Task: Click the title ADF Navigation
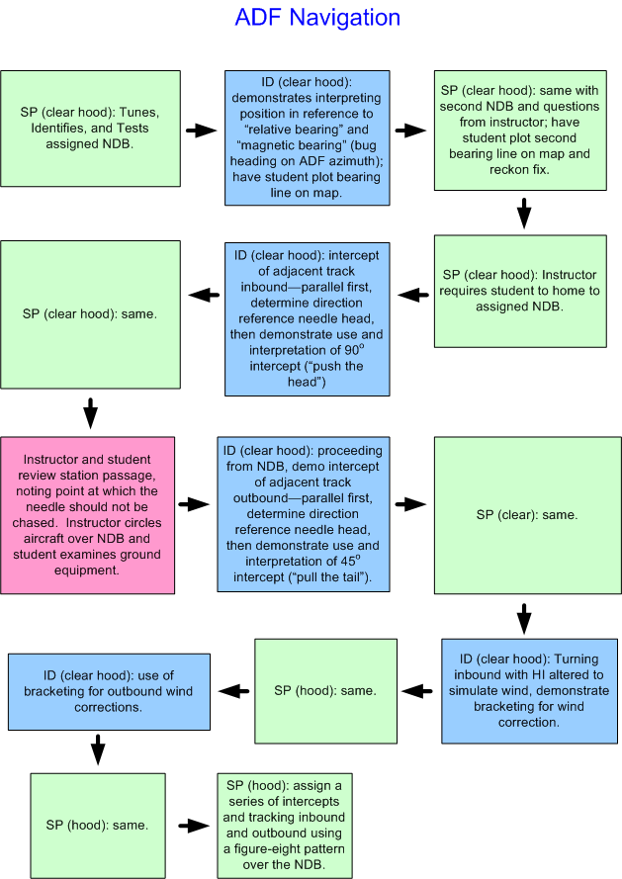pyautogui.click(x=317, y=19)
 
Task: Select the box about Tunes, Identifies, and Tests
pyautogui.click(x=90, y=129)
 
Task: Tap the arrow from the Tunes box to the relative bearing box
pyautogui.click(x=202, y=131)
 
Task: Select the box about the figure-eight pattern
pyautogui.click(x=284, y=825)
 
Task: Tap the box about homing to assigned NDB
pyautogui.click(x=519, y=291)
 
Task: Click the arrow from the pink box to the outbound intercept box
pyautogui.click(x=196, y=504)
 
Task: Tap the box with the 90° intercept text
pyautogui.click(x=308, y=317)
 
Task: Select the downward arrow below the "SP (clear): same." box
pyautogui.click(x=523, y=618)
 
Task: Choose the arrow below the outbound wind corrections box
pyautogui.click(x=97, y=749)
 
